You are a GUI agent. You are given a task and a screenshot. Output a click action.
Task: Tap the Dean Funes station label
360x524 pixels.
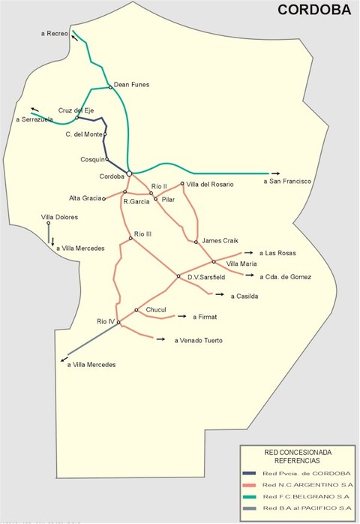(x=131, y=85)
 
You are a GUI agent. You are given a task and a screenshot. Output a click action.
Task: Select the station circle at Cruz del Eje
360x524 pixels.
(x=77, y=118)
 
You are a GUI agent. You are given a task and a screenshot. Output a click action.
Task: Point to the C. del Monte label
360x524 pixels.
(x=83, y=134)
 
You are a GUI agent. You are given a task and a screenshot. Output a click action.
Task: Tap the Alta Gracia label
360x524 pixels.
(x=85, y=198)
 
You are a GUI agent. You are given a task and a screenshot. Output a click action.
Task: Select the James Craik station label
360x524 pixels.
(x=220, y=240)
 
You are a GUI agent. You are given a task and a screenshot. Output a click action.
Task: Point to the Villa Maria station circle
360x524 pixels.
(x=214, y=261)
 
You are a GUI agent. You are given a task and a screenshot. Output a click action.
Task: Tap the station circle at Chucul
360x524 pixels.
(x=136, y=309)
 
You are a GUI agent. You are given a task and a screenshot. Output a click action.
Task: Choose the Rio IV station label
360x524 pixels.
(x=105, y=321)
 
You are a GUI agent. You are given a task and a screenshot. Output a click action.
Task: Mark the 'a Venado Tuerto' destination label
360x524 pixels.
(x=199, y=341)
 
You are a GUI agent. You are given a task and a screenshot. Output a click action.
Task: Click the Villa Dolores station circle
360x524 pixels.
(x=48, y=223)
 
